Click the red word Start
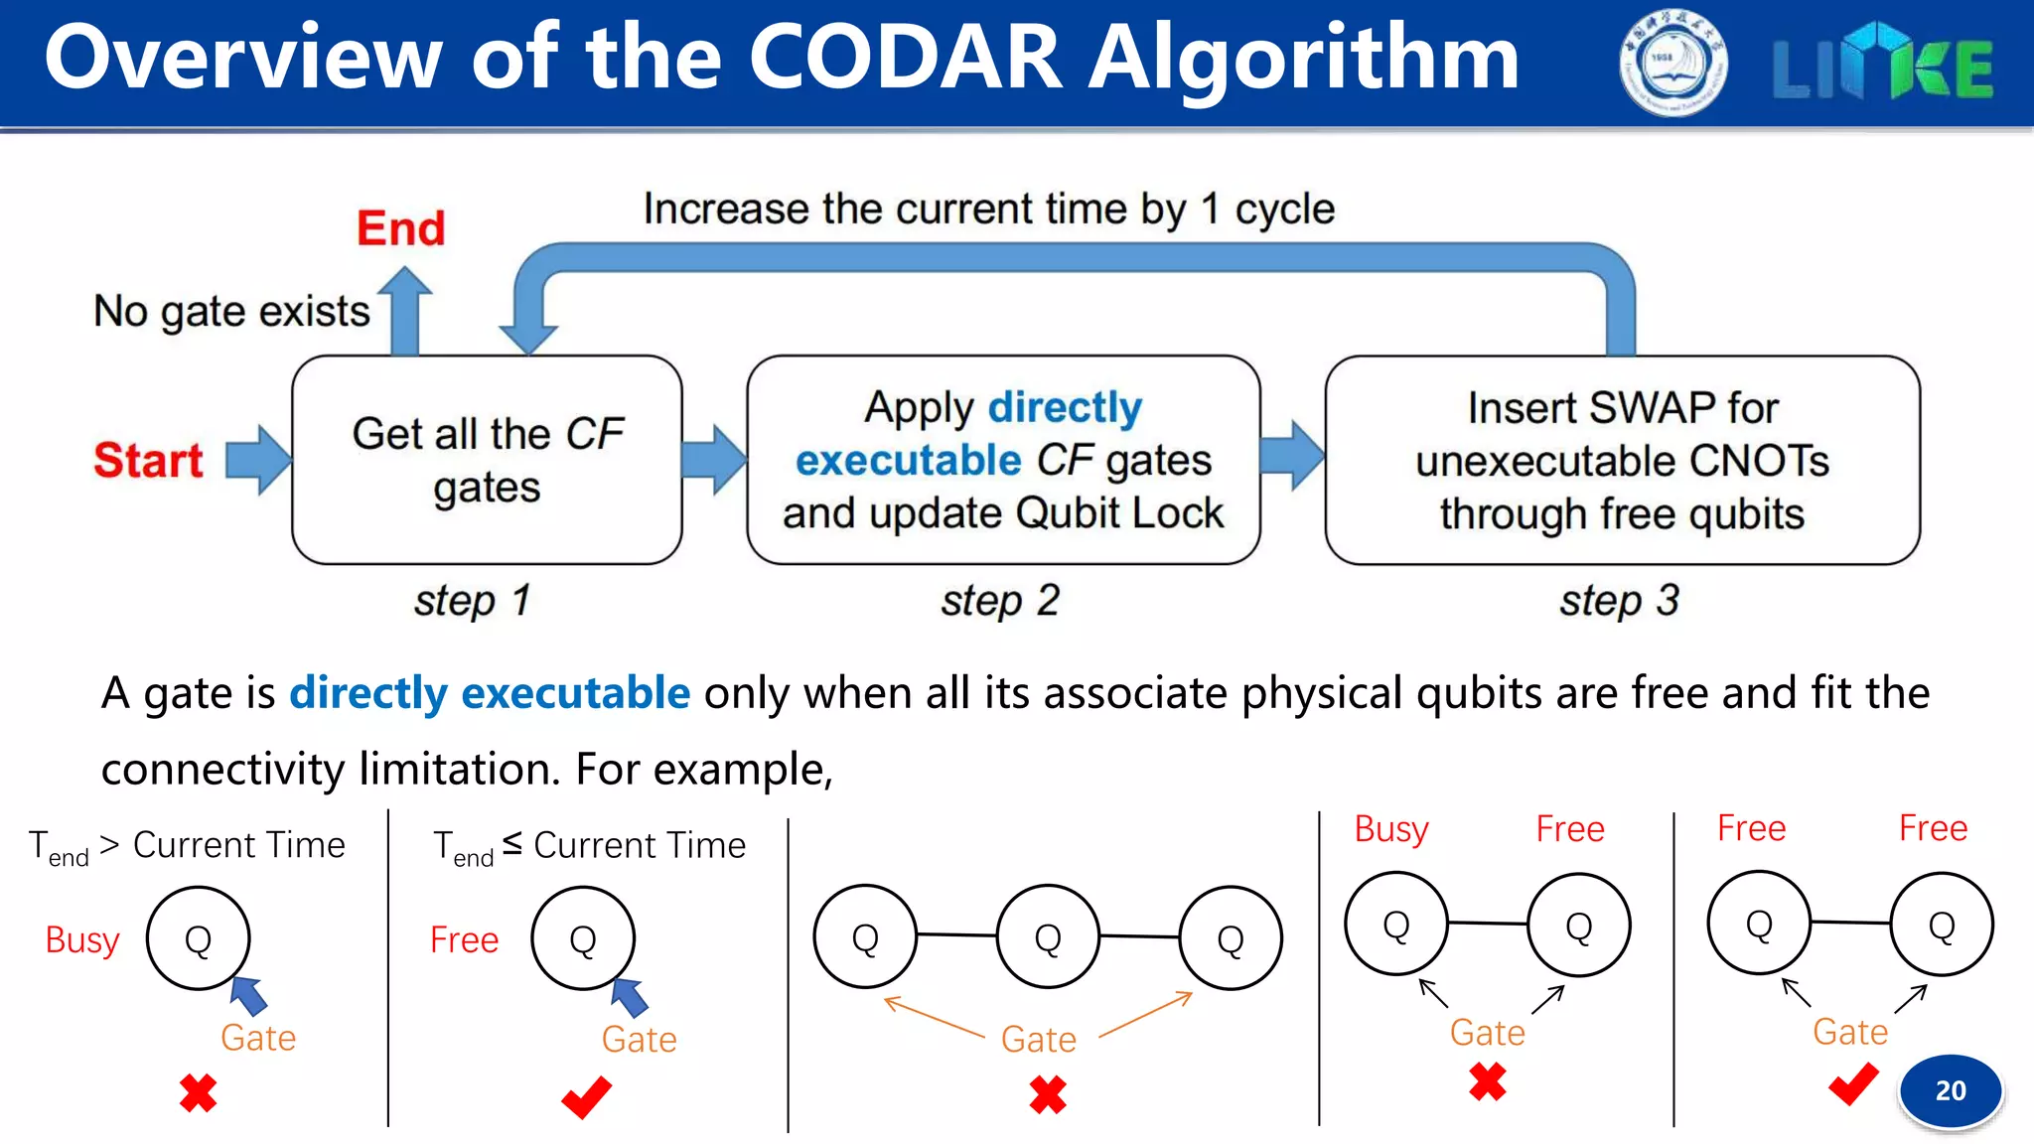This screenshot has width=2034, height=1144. (x=148, y=460)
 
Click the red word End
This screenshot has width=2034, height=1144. (x=400, y=228)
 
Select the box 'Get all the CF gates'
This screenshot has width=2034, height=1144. (x=487, y=460)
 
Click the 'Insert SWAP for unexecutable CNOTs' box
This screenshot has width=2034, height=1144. (x=1622, y=460)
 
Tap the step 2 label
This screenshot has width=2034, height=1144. (x=1000, y=600)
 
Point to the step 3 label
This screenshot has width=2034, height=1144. (x=1619, y=600)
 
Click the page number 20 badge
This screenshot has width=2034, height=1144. (x=1950, y=1090)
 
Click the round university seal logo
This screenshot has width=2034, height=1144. (x=1672, y=64)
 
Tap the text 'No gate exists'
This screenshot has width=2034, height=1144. (x=231, y=311)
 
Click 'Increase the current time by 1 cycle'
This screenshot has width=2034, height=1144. (x=988, y=209)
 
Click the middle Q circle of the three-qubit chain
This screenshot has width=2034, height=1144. (x=1048, y=936)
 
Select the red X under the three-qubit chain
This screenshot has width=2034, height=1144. (x=1048, y=1094)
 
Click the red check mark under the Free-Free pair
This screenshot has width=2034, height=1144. (x=1852, y=1083)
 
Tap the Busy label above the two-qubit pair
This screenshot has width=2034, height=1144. (x=1390, y=828)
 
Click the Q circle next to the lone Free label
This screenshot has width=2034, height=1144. (x=583, y=938)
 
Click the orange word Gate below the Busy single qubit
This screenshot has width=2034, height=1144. (x=258, y=1038)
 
